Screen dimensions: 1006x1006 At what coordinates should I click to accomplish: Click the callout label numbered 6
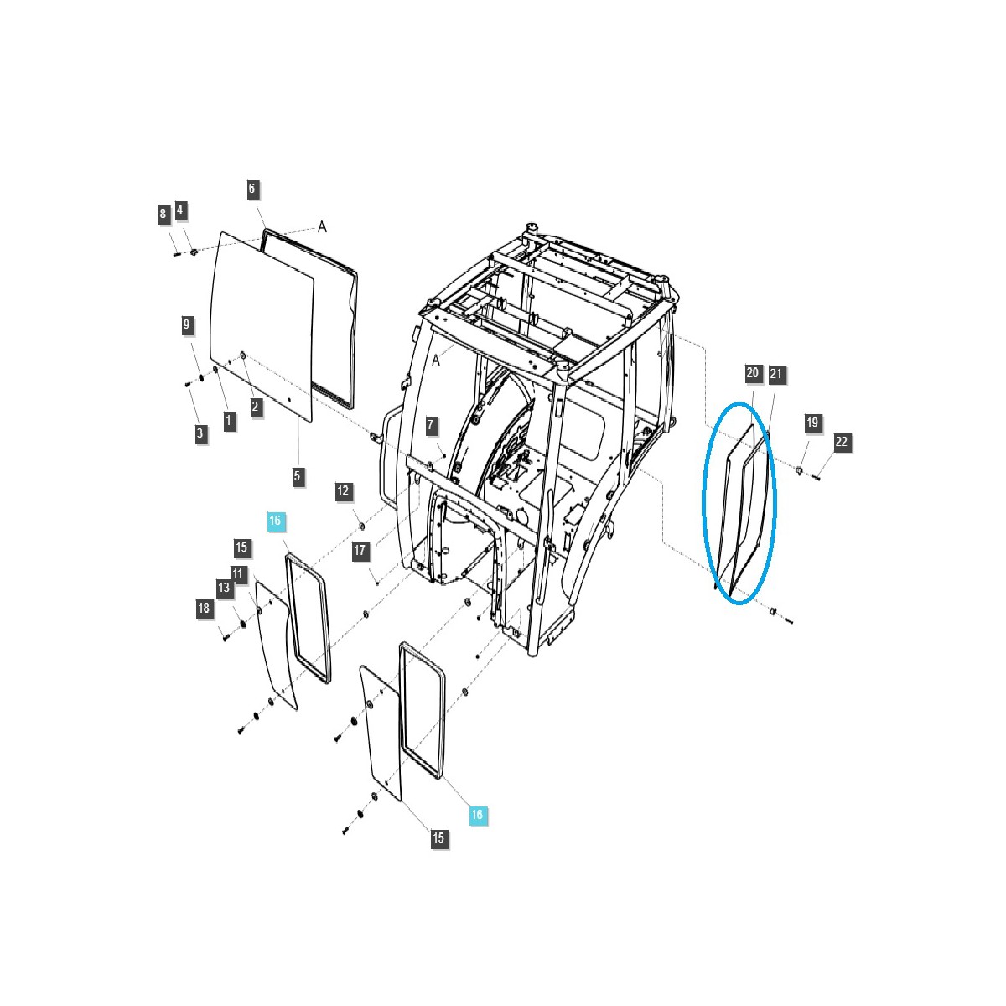click(251, 189)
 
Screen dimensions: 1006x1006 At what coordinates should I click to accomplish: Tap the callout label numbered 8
click(163, 214)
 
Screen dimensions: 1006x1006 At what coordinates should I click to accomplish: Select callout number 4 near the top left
click(180, 210)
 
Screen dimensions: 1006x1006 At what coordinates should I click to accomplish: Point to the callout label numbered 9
click(188, 324)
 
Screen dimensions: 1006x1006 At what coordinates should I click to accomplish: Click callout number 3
click(200, 433)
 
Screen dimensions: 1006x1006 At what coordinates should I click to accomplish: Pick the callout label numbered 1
click(229, 420)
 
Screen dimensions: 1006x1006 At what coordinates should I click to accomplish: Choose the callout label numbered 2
click(256, 407)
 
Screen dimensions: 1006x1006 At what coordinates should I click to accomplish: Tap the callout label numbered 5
click(298, 476)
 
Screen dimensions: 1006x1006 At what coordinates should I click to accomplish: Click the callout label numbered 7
click(431, 425)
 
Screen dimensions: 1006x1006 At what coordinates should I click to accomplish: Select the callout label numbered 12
click(343, 491)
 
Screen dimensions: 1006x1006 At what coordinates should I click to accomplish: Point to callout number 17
click(360, 551)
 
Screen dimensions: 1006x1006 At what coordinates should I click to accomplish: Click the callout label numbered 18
click(205, 609)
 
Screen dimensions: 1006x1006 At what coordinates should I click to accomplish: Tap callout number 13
click(224, 588)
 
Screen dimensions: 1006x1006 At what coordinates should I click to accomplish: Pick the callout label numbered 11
click(238, 574)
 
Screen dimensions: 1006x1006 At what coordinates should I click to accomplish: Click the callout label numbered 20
click(752, 373)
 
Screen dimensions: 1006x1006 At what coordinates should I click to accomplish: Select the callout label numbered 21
click(775, 374)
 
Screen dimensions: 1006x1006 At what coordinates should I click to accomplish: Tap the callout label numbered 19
click(812, 423)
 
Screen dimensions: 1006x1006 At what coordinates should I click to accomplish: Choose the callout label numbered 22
click(842, 442)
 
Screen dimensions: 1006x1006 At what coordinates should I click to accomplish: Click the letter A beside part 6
click(322, 226)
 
